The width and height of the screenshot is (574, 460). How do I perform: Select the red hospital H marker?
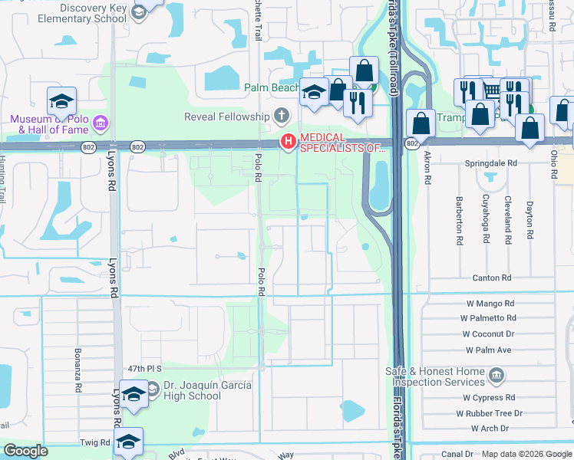289,141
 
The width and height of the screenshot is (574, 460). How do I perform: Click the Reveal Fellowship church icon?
282,117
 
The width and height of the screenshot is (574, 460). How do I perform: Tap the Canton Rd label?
492,278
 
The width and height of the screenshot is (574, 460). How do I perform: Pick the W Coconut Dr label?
488,334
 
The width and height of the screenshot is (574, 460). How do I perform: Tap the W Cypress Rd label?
488,398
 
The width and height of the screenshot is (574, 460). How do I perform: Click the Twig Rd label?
95,443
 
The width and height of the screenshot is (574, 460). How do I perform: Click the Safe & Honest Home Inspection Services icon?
496,376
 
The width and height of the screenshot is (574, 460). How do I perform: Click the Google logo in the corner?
26,451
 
